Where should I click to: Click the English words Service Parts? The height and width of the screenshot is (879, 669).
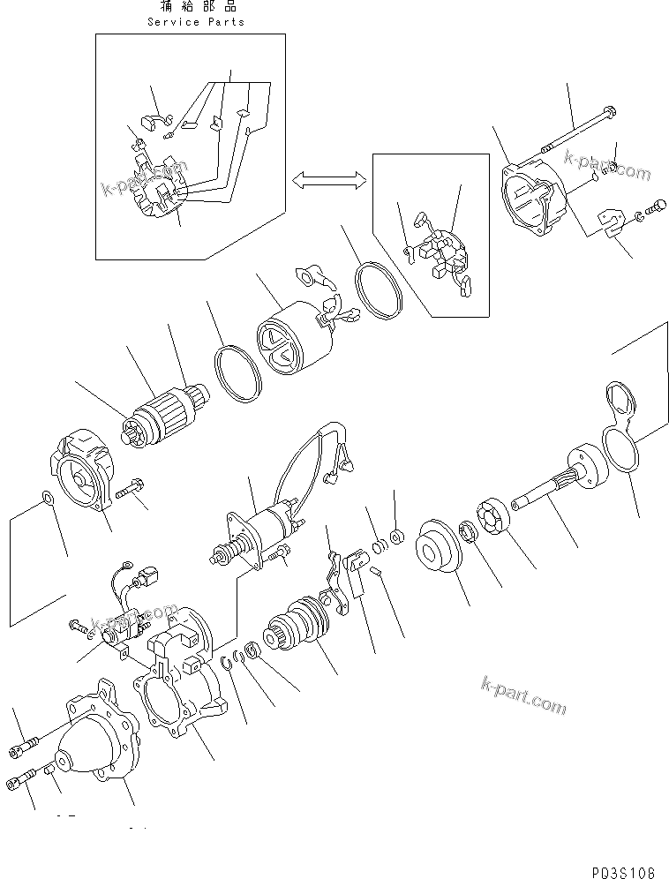196,21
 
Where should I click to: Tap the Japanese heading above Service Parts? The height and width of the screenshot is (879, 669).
196,7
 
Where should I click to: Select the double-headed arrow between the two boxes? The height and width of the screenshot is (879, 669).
328,181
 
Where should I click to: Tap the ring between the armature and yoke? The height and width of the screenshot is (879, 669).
237,374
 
